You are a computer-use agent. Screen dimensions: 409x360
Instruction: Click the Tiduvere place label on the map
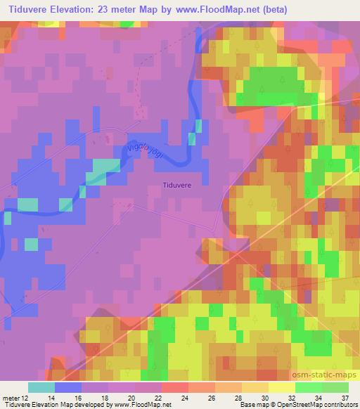click(x=176, y=186)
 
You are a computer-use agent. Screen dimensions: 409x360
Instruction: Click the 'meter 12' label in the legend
click(x=15, y=397)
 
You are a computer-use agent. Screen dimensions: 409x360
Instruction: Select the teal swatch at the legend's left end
click(x=41, y=387)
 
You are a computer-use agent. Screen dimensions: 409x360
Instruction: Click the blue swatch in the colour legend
click(x=68, y=387)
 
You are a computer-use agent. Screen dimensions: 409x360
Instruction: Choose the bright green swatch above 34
click(x=309, y=387)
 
